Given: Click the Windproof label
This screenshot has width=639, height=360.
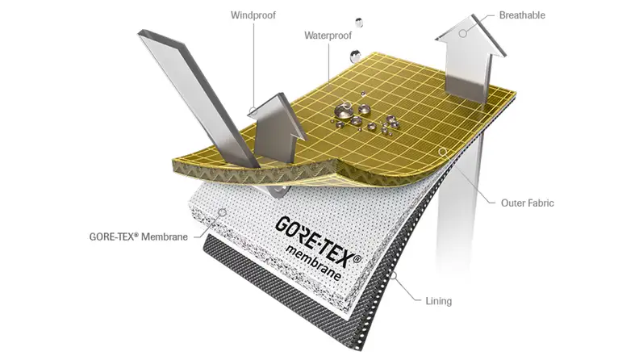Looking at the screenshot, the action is pyautogui.click(x=253, y=15).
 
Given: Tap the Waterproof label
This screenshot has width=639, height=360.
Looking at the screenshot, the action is pyautogui.click(x=328, y=36).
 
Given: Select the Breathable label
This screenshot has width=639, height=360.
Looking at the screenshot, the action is pyautogui.click(x=522, y=15).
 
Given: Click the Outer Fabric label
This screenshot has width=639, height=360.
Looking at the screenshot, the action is pyautogui.click(x=528, y=203).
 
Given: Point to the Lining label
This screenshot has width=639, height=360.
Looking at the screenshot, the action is pyautogui.click(x=438, y=301).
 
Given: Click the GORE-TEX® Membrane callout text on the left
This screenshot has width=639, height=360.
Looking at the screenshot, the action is pyautogui.click(x=139, y=237).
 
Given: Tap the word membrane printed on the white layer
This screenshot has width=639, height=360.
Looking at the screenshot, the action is pyautogui.click(x=313, y=263).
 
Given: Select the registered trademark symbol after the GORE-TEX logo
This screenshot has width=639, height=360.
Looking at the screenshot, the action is pyautogui.click(x=357, y=258).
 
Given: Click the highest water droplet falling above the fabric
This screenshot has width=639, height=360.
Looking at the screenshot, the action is pyautogui.click(x=358, y=23).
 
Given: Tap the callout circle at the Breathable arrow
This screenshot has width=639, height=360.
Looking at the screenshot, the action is pyautogui.click(x=463, y=33).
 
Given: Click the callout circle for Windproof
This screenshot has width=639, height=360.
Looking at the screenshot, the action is pyautogui.click(x=253, y=110).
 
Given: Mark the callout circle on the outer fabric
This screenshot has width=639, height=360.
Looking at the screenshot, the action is pyautogui.click(x=443, y=152).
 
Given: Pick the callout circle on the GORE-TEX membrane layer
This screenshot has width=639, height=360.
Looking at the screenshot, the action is pyautogui.click(x=223, y=212).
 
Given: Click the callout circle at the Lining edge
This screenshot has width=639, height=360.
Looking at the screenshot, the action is pyautogui.click(x=394, y=275).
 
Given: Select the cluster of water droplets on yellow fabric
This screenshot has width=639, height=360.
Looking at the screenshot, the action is pyautogui.click(x=364, y=117).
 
